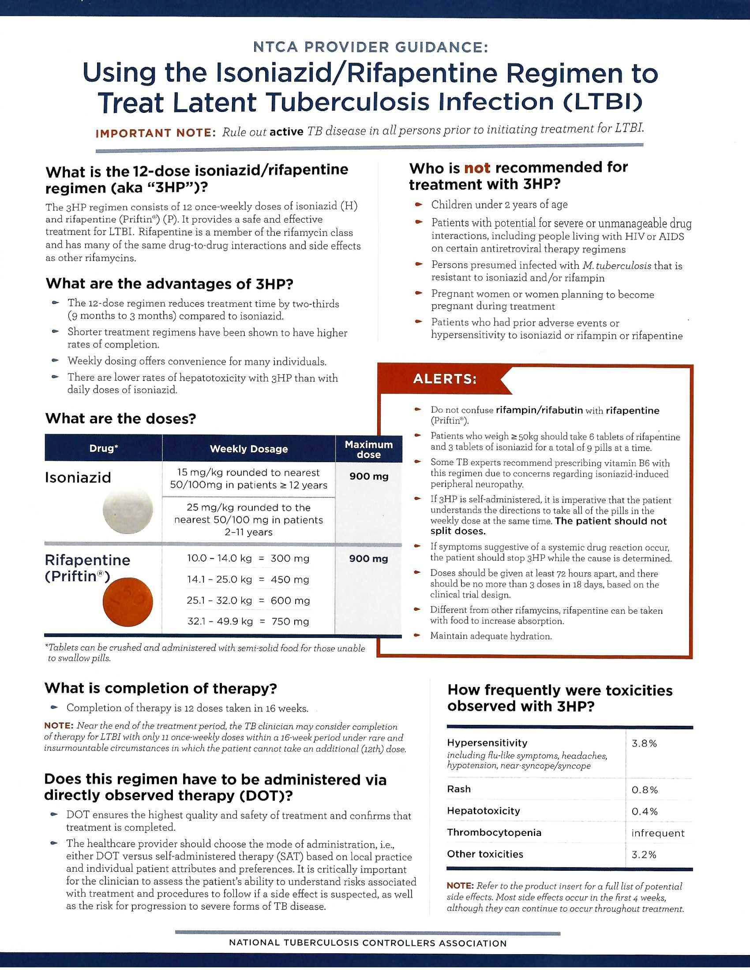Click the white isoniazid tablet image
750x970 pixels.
click(127, 511)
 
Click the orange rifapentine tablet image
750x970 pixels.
click(127, 602)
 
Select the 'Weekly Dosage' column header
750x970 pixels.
click(248, 449)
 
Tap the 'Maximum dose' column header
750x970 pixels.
click(368, 449)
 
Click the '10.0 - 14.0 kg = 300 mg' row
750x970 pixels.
click(248, 558)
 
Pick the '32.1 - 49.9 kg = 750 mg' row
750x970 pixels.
click(248, 621)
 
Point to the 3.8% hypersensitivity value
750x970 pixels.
click(644, 743)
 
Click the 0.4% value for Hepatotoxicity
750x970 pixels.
click(644, 811)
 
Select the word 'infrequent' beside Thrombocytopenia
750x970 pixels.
click(658, 833)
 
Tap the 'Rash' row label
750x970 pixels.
click(458, 789)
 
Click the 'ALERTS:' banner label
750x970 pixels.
click(444, 379)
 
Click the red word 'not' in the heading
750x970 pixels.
click(477, 168)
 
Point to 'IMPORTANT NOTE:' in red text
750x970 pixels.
click(155, 133)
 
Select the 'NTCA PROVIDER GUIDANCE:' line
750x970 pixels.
click(370, 47)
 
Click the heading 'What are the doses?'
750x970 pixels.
click(120, 418)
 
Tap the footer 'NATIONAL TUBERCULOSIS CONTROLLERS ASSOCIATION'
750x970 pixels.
click(367, 944)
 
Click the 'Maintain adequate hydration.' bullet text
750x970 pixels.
click(491, 636)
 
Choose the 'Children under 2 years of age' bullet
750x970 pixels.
click(499, 205)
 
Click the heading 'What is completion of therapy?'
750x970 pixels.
click(161, 688)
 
